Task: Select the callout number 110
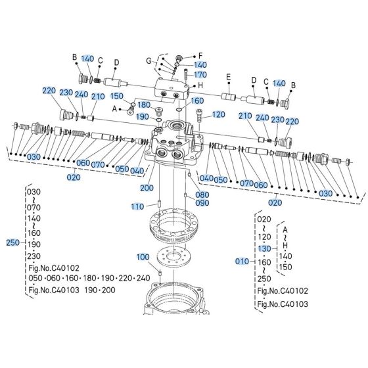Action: pyautogui.click(x=137, y=206)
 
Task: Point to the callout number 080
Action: pyautogui.click(x=201, y=195)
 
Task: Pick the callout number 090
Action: pyautogui.click(x=201, y=203)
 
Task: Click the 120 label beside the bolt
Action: pyautogui.click(x=219, y=114)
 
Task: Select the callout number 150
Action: pyautogui.click(x=116, y=97)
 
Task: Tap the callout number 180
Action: pyautogui.click(x=143, y=106)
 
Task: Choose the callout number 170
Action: pyautogui.click(x=200, y=75)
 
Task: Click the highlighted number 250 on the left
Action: pyautogui.click(x=12, y=242)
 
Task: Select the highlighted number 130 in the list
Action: pyautogui.click(x=264, y=248)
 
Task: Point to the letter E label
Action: pyautogui.click(x=229, y=76)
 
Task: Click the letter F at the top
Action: pyautogui.click(x=201, y=55)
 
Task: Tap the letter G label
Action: pyautogui.click(x=149, y=60)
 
